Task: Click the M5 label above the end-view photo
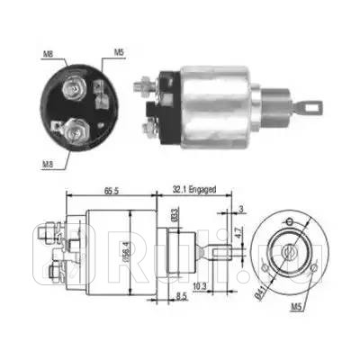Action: pyautogui.click(x=119, y=53)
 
